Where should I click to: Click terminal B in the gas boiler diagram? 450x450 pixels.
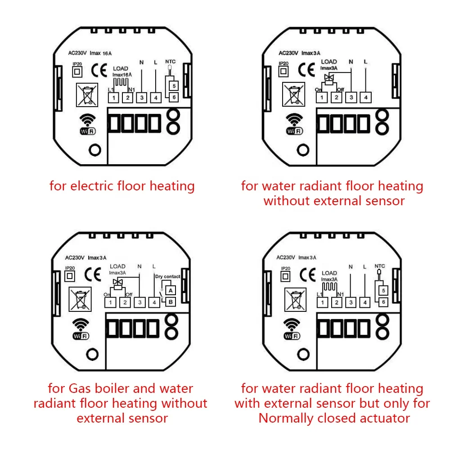pyautogui.click(x=171, y=302)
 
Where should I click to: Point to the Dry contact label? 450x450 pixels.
pyautogui.click(x=168, y=276)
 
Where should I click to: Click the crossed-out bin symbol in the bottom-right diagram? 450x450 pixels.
pyautogui.click(x=293, y=297)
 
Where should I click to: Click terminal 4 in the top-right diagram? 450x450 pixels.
pyautogui.click(x=365, y=96)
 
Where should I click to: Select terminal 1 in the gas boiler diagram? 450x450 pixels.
pyautogui.click(x=111, y=302)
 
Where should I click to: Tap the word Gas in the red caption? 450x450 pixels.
pyautogui.click(x=81, y=388)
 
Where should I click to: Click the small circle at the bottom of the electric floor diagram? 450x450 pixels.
pyautogui.click(x=94, y=150)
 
